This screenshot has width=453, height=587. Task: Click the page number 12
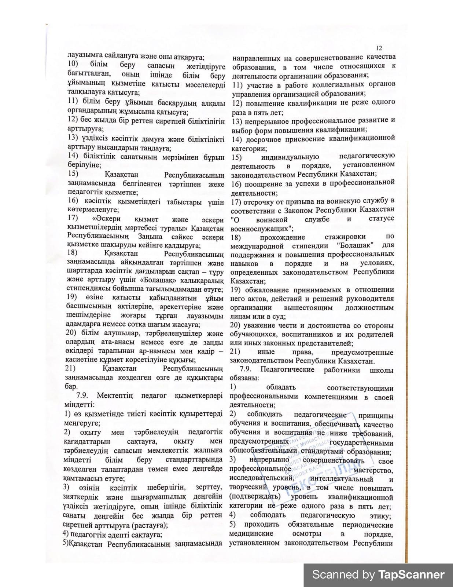[x=379, y=48]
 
